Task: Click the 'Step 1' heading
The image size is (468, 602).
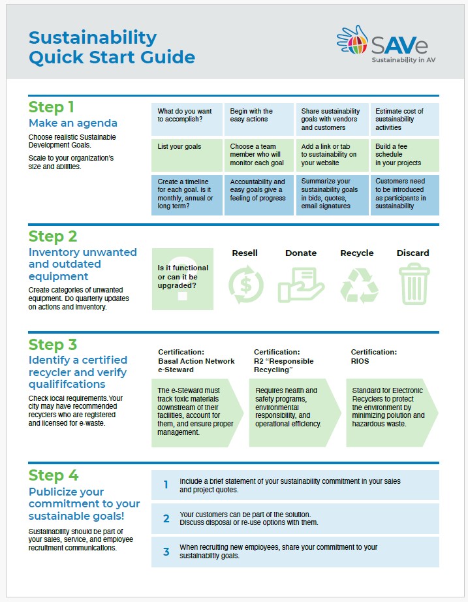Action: (x=52, y=107)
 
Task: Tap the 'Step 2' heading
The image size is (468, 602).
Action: (x=53, y=236)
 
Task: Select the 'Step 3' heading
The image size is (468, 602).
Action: (x=53, y=344)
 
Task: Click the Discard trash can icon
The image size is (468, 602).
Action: (x=413, y=284)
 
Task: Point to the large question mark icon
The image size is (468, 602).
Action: (x=182, y=287)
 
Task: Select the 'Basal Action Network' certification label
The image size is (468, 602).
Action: (x=196, y=360)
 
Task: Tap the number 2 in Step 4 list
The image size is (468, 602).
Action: (x=166, y=518)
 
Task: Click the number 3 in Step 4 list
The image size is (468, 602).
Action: (x=166, y=552)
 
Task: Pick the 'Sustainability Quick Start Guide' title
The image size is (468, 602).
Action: (x=112, y=47)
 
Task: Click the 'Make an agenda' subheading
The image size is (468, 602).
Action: (x=73, y=123)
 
